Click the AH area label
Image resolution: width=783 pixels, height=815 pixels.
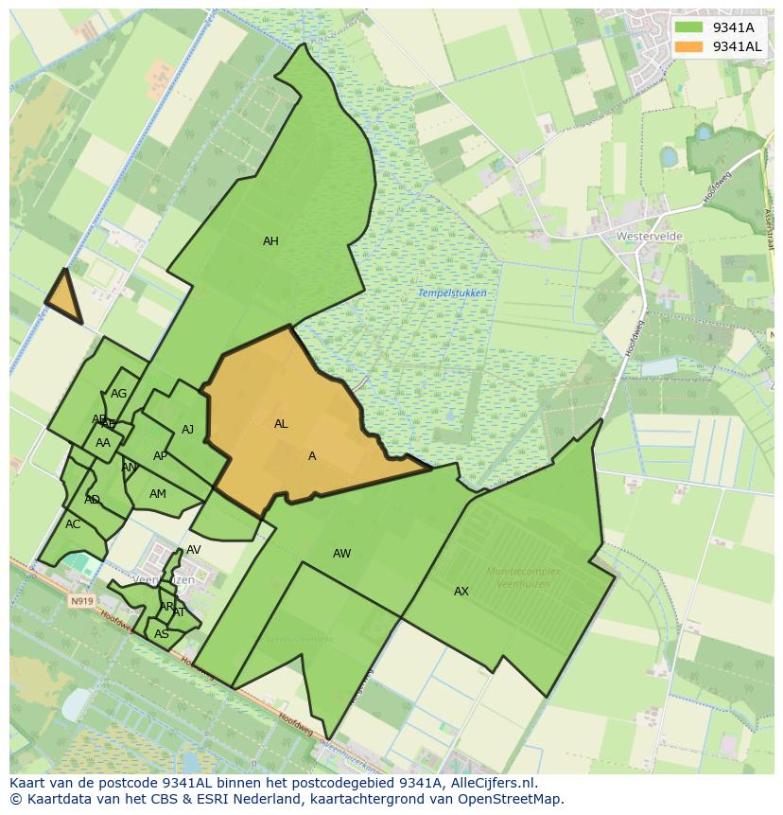(270, 241)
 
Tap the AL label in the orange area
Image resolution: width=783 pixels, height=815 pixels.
(281, 424)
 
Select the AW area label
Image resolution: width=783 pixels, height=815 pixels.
(341, 554)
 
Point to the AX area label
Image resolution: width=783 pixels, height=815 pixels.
(461, 592)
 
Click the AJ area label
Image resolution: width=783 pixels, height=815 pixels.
(187, 430)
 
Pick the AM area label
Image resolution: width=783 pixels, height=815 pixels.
(158, 494)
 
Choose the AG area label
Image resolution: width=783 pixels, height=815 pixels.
(118, 394)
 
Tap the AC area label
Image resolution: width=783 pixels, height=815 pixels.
(73, 524)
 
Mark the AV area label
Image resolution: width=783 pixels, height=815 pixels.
(193, 550)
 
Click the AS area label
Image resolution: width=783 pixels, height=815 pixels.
(162, 634)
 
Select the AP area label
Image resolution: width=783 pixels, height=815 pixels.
(160, 456)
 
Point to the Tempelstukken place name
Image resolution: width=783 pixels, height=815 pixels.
(452, 293)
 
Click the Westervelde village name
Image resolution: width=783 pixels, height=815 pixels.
(649, 236)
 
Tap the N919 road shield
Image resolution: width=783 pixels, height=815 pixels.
(81, 600)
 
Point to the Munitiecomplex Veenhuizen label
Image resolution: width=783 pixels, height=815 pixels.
(523, 577)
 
